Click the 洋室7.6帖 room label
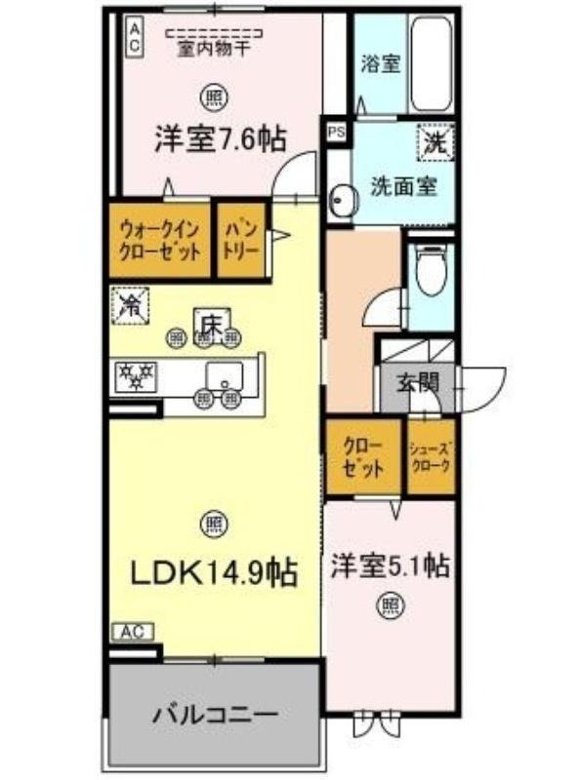pyautogui.click(x=220, y=138)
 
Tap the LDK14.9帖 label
pyautogui.click(x=214, y=571)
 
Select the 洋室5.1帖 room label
pyautogui.click(x=390, y=565)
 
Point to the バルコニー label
pyautogui.click(x=215, y=715)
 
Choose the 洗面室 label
pyautogui.click(x=402, y=185)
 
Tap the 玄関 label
pyautogui.click(x=417, y=383)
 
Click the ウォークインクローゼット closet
pyautogui.click(x=160, y=240)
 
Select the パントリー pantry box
pyautogui.click(x=241, y=240)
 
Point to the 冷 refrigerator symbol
pyautogui.click(x=129, y=304)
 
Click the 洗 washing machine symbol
pyautogui.click(x=435, y=141)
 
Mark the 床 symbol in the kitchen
pyautogui.click(x=209, y=322)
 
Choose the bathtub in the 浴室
pyautogui.click(x=431, y=66)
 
